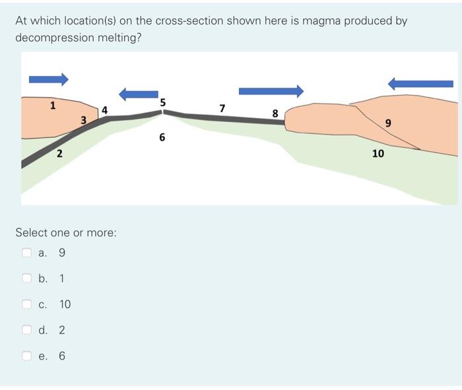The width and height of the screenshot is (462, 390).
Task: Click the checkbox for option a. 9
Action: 27,252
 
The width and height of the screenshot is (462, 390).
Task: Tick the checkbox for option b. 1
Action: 27,278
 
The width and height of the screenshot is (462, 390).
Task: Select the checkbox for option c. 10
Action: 27,304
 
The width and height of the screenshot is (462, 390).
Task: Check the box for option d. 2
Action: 27,330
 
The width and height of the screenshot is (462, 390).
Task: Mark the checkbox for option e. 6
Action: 27,356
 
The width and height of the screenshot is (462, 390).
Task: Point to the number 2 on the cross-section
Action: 59,154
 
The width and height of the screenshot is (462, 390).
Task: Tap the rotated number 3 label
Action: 83,119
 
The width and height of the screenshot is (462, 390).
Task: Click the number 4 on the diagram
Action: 104,109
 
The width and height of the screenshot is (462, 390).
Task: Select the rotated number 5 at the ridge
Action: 163,102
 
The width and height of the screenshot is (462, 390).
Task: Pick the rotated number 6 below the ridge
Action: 162,138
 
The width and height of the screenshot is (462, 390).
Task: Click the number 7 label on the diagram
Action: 222,107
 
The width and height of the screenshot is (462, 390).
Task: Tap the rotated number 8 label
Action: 275,114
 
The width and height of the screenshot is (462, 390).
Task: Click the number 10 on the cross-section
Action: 378,153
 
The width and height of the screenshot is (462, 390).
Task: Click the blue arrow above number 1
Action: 48,79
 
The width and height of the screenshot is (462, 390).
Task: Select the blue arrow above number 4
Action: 138,95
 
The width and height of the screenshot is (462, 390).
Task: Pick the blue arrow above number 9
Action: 420,83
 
